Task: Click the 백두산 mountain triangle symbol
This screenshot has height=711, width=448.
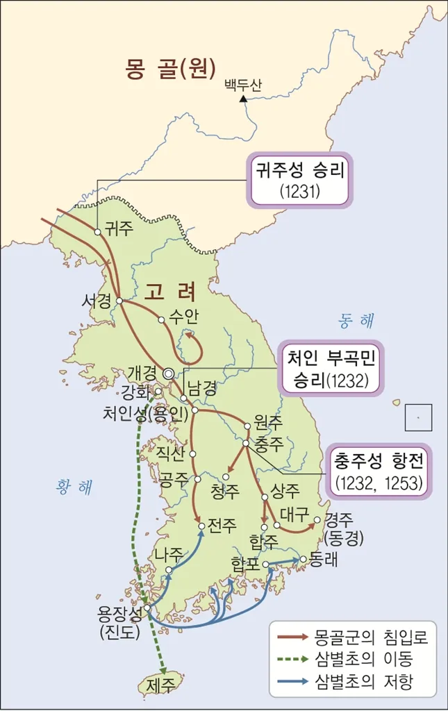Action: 242,100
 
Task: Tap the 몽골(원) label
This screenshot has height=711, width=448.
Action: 171,69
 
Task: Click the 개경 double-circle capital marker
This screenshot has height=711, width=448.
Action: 168,374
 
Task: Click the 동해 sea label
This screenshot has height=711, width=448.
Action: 356,321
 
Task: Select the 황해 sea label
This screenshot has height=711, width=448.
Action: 74,488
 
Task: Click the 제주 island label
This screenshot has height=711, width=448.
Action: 161,685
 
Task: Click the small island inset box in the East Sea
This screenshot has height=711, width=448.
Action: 418,417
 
